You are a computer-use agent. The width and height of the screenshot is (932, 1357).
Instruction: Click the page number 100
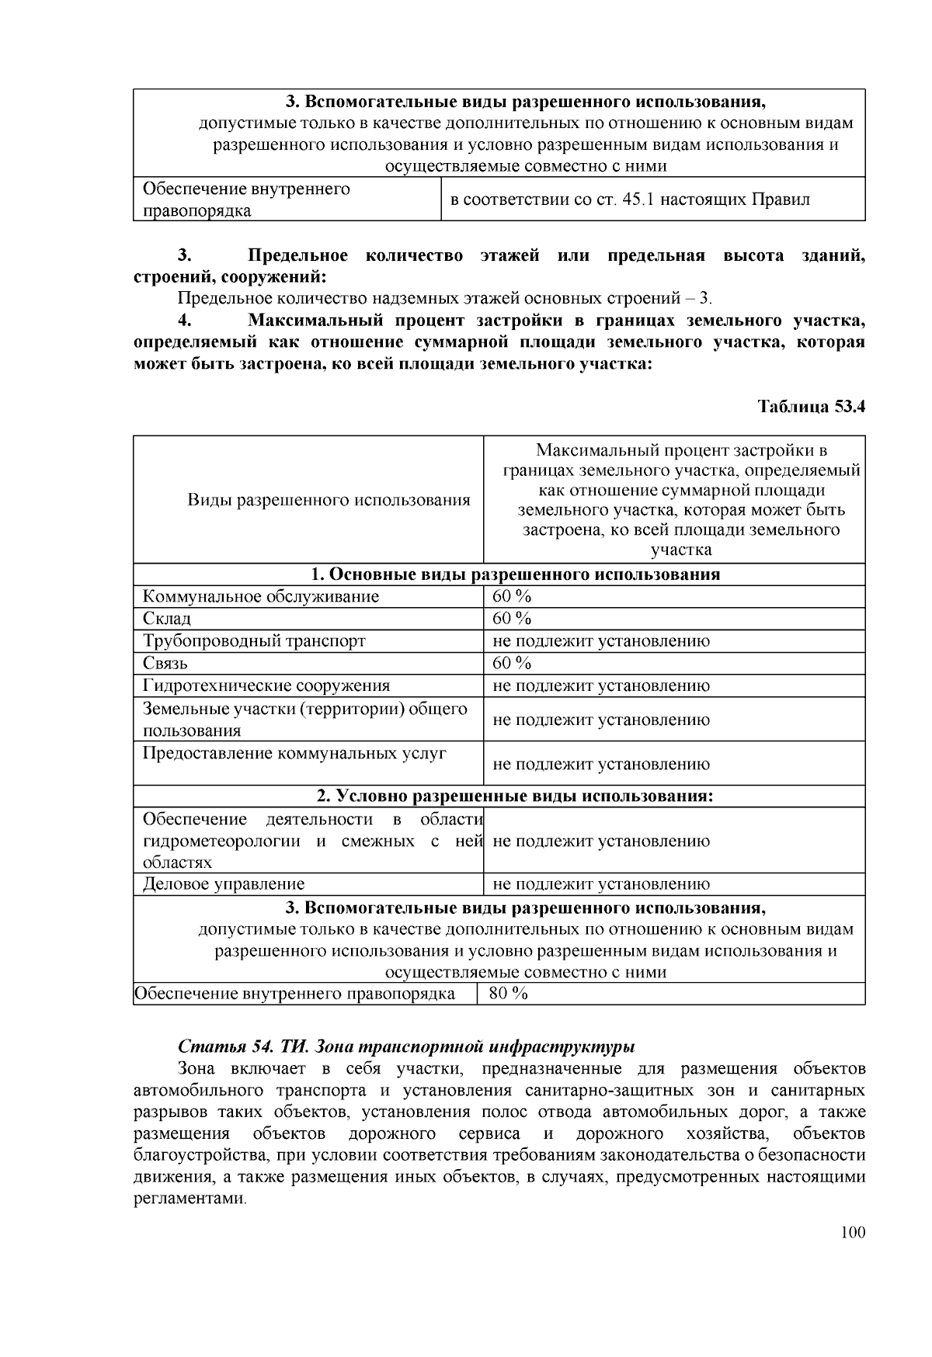(852, 1233)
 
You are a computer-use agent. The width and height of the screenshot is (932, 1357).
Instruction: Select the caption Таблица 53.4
(811, 406)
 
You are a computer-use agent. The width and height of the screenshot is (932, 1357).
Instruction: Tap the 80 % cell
(509, 993)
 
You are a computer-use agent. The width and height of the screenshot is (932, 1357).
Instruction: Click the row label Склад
(167, 619)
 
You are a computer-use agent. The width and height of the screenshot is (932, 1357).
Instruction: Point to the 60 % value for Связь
(512, 663)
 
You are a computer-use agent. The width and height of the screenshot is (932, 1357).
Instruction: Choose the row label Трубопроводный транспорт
(254, 641)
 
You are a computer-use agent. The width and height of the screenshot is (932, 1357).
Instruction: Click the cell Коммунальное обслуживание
(261, 596)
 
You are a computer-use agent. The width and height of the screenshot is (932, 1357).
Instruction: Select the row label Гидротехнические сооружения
(266, 685)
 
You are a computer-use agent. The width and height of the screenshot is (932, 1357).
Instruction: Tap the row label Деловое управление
(224, 883)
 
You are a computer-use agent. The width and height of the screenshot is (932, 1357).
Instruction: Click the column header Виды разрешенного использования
(329, 500)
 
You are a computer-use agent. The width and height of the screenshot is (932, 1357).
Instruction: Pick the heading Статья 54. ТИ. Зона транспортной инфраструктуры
(407, 1046)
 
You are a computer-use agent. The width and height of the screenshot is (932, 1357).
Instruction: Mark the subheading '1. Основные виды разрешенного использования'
(515, 574)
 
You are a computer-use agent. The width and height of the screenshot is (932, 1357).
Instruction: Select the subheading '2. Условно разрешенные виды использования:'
(515, 796)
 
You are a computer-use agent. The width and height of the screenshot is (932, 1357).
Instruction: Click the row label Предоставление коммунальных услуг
(295, 753)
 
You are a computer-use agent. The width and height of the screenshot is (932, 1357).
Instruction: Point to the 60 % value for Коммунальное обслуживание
(512, 596)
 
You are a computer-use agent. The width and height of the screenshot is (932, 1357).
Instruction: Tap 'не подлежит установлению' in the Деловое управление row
(601, 883)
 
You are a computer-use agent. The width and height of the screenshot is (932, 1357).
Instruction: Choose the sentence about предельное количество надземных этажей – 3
(444, 299)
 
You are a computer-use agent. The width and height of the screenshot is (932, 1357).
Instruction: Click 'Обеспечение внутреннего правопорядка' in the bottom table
(295, 994)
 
